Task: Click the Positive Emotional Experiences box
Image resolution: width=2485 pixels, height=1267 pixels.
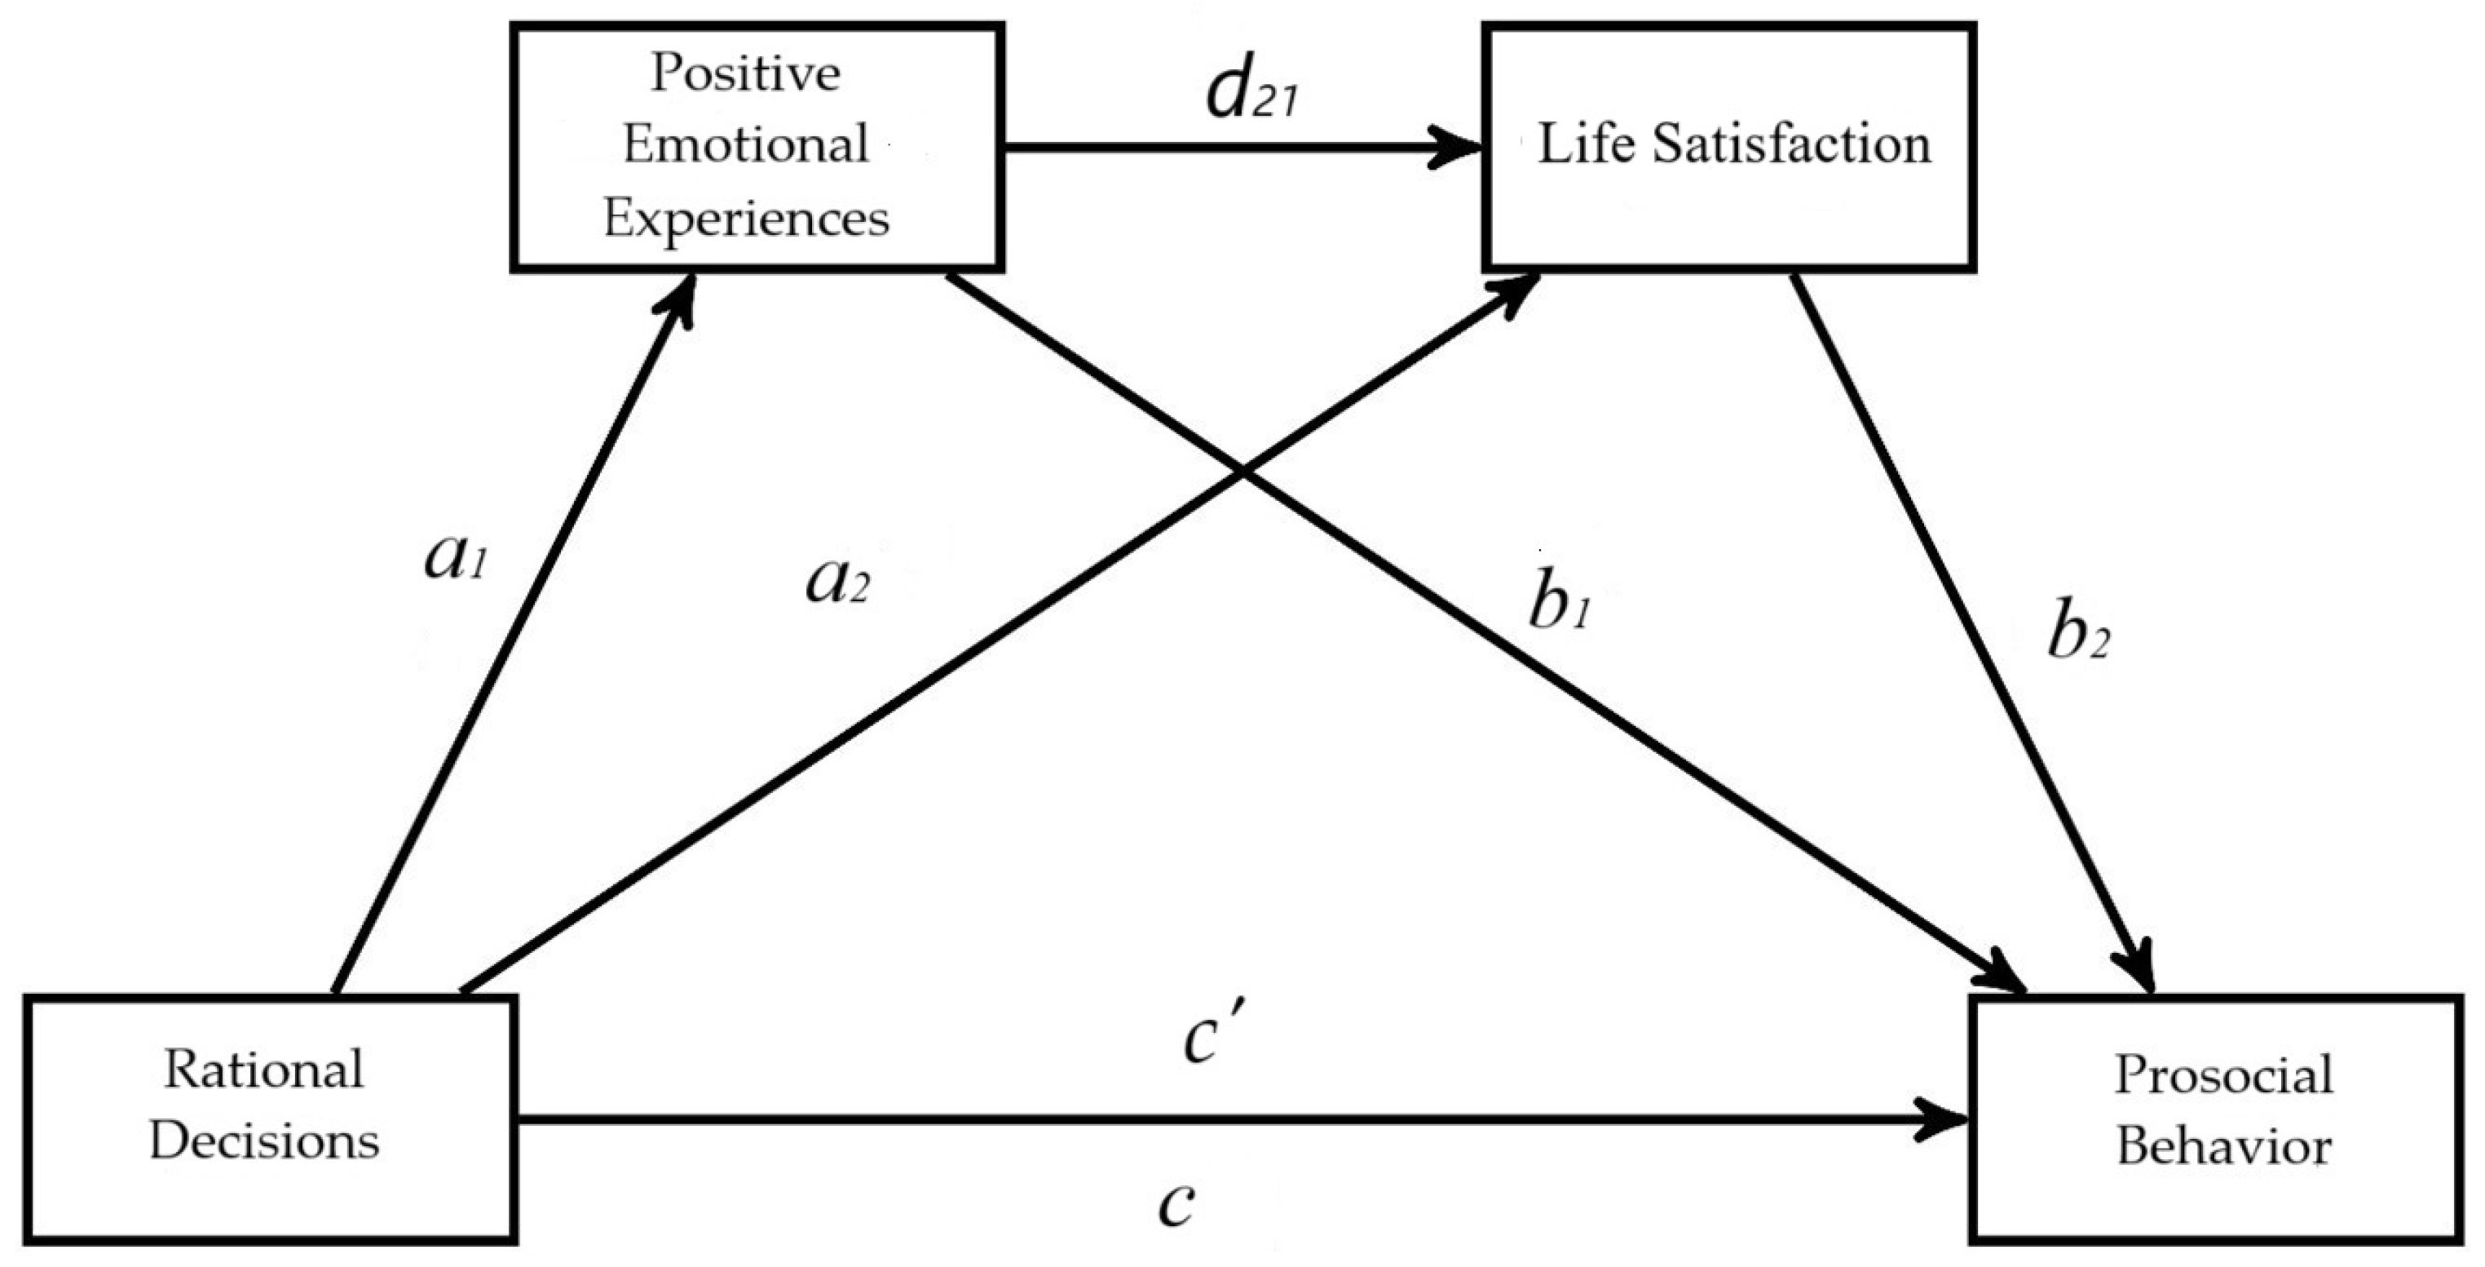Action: pos(757,147)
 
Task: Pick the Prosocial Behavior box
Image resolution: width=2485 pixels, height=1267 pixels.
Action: pos(2222,1119)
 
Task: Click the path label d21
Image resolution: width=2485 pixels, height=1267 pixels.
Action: pos(1252,100)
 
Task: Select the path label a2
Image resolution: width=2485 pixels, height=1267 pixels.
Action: pos(837,585)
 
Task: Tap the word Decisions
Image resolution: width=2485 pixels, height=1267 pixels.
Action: pos(264,1142)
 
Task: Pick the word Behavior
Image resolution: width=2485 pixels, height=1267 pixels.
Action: pos(2222,1149)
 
